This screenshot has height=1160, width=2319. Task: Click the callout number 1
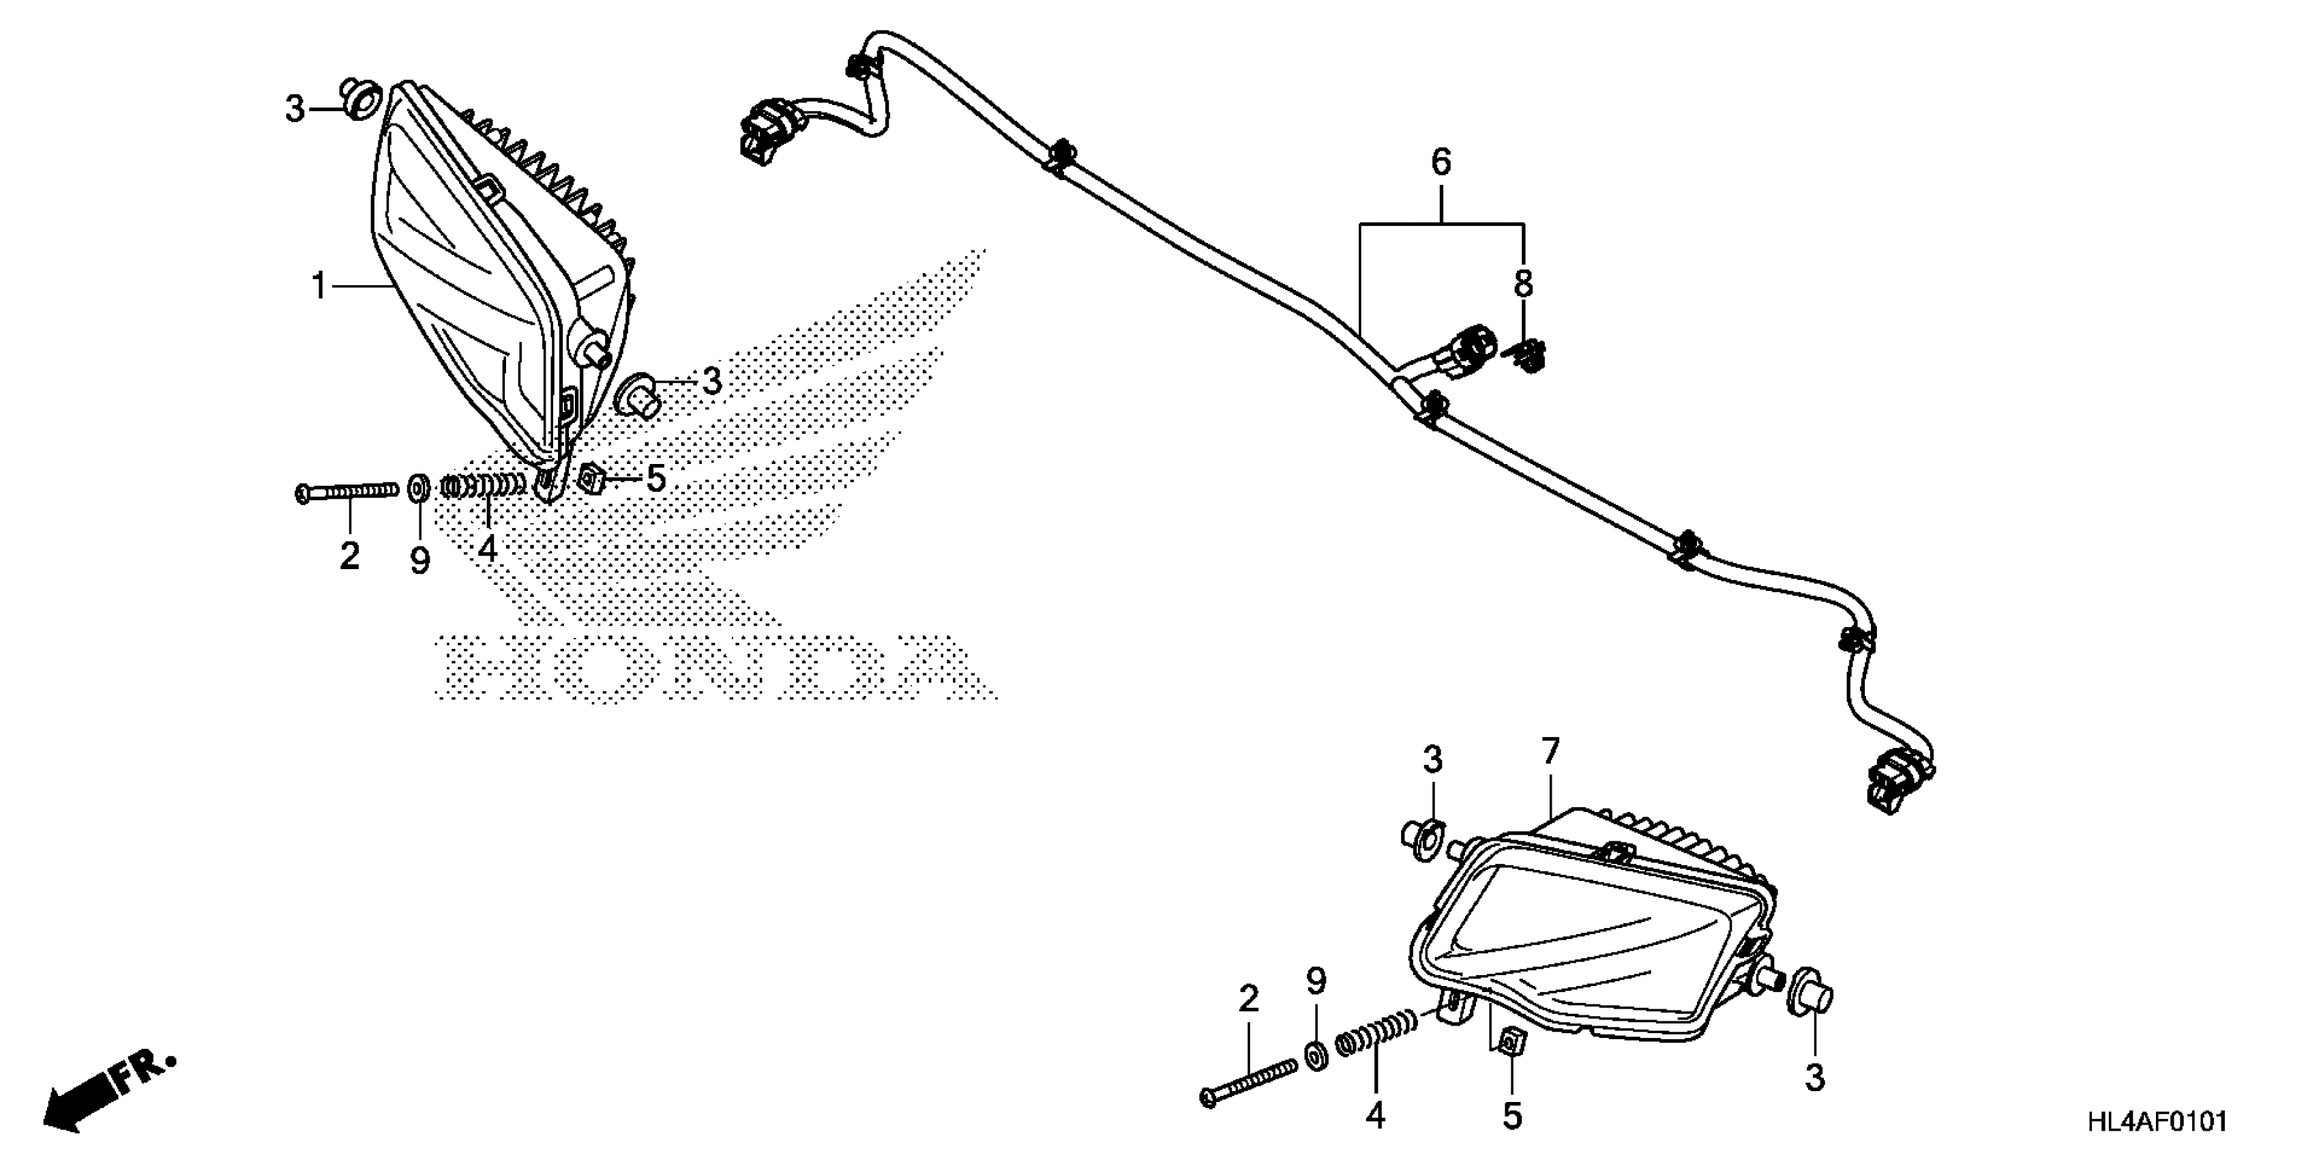[x=318, y=287]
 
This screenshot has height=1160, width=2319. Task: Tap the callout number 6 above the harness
[x=1441, y=163]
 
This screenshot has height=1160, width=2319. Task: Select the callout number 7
[x=1550, y=752]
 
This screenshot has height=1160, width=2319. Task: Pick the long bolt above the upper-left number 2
[x=346, y=491]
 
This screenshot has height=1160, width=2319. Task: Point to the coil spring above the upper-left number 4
[x=484, y=487]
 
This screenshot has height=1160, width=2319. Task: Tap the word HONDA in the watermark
[x=711, y=667]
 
